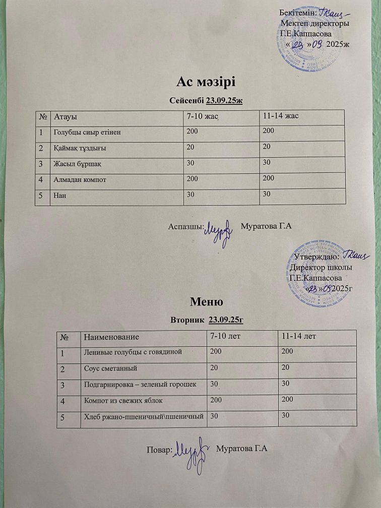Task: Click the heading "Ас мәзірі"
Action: tap(207, 82)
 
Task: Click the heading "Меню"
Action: tap(206, 302)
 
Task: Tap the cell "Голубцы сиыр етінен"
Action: tap(88, 132)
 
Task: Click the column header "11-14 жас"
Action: tap(278, 116)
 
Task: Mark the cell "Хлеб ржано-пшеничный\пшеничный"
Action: tap(143, 416)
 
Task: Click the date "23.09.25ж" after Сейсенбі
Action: tap(225, 100)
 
